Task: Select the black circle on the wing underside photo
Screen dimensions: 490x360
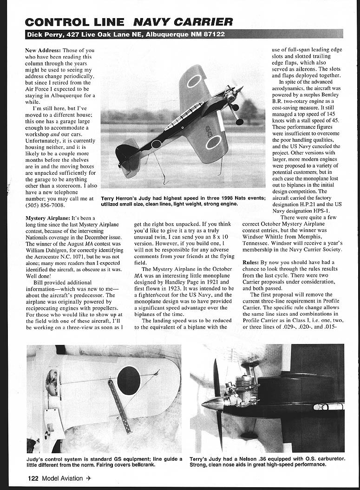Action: point(129,380)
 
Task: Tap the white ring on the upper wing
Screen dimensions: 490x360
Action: point(194,81)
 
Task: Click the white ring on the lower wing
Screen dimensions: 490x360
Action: point(213,142)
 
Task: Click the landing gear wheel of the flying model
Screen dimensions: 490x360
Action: point(239,122)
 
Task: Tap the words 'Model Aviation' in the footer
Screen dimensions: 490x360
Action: point(62,478)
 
